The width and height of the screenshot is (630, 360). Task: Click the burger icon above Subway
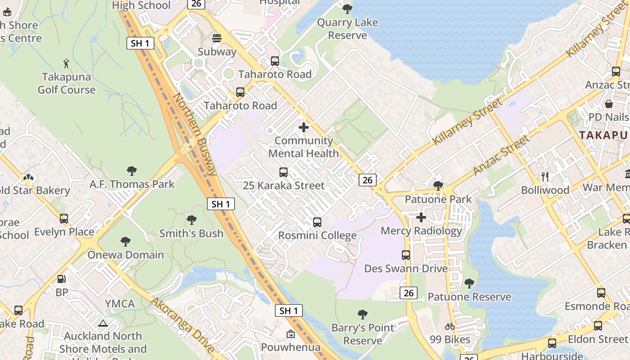pos(217,38)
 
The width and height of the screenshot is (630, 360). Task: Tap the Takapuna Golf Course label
pos(67,84)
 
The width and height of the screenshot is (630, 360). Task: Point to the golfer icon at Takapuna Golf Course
pos(67,63)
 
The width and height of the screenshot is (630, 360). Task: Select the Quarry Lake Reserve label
pos(347,29)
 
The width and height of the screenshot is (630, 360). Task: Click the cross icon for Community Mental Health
pos(304,127)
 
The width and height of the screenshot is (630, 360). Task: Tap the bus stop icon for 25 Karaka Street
pos(283,172)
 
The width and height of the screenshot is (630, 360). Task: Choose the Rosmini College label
pos(317,235)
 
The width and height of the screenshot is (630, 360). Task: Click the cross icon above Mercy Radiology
pos(421,218)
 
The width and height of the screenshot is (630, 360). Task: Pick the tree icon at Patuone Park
pos(438,185)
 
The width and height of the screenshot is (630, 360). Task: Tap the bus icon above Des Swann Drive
pos(406,255)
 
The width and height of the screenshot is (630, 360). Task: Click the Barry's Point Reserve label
pos(363,334)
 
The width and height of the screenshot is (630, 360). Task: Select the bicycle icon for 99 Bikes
pos(450,326)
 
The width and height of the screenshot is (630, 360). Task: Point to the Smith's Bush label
pos(191,233)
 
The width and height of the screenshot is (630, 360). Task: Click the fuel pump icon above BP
pos(62,279)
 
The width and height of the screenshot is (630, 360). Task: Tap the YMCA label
pos(120,304)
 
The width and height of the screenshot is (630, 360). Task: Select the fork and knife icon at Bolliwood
pos(545,176)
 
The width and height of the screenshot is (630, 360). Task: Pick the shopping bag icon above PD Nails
pos(609,104)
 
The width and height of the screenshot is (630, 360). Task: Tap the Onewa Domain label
pos(126,255)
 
